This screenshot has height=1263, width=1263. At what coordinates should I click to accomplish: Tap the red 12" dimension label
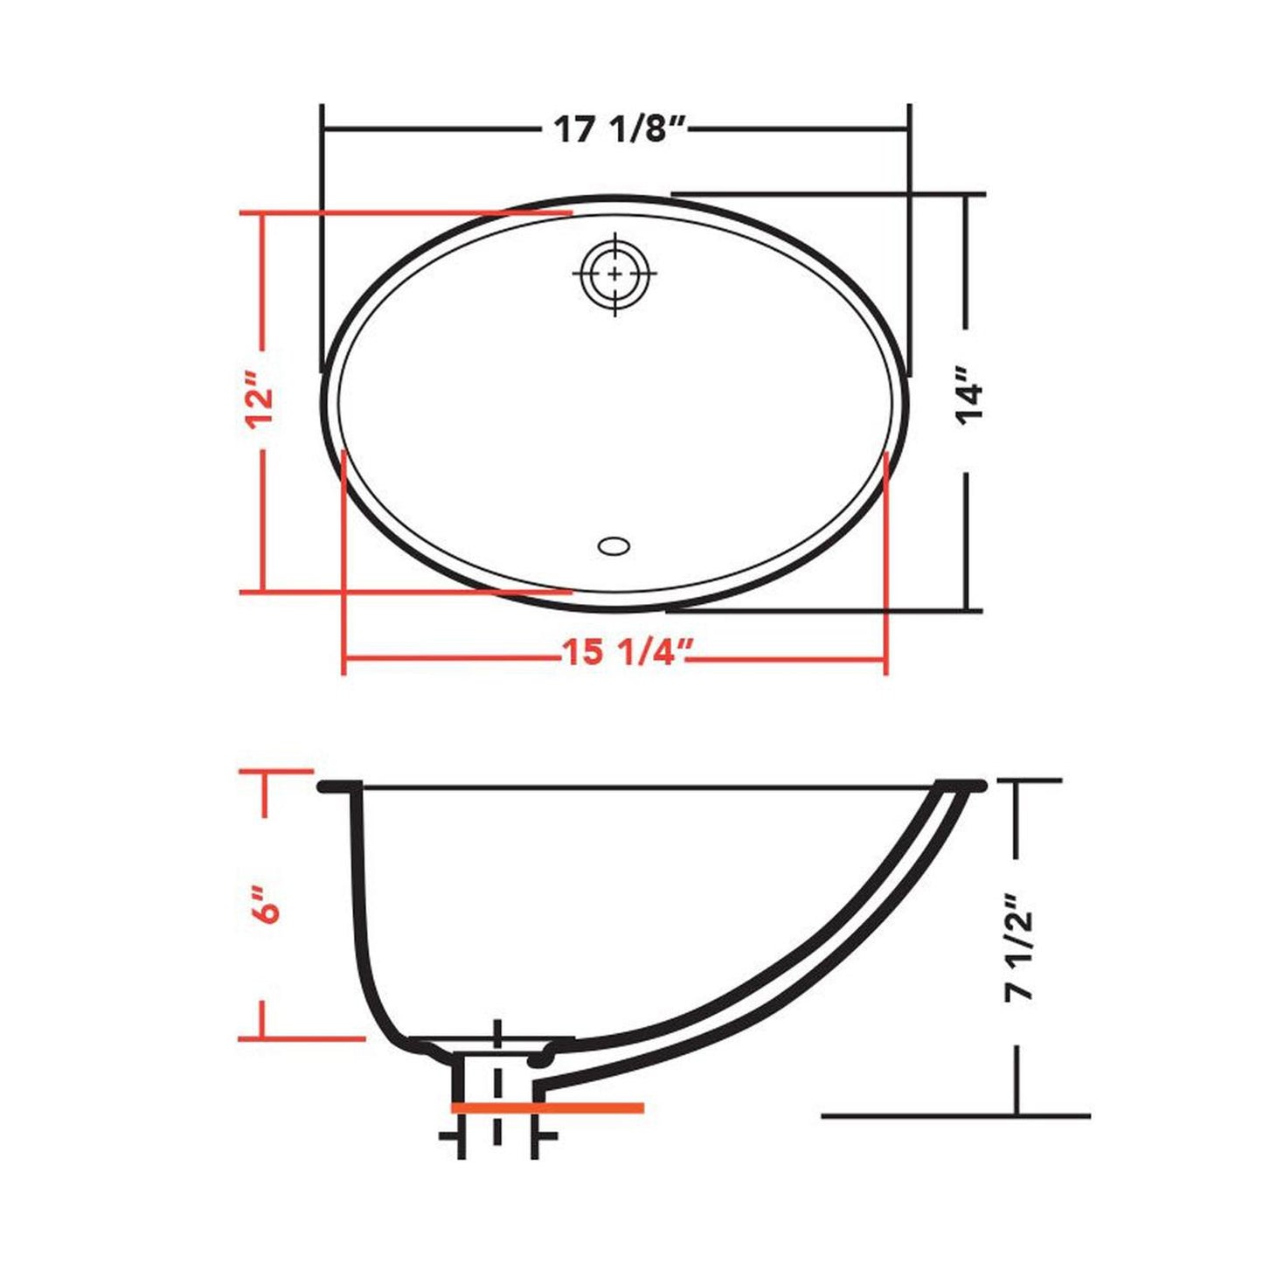261,399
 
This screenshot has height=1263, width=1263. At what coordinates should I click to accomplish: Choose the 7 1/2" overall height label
1018,947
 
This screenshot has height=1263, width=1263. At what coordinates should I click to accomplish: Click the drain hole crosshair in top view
615,274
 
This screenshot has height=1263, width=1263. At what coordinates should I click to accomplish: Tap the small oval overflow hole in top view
614,546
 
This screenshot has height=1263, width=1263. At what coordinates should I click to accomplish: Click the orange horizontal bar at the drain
547,1107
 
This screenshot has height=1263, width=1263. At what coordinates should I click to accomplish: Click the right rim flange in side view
961,785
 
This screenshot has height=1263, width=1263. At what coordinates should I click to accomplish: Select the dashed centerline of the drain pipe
497,1084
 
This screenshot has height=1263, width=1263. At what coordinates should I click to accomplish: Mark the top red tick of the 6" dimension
275,772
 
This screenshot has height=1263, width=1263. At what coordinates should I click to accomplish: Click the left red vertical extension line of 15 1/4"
344,559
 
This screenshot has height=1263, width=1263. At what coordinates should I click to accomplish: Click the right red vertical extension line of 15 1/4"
886,559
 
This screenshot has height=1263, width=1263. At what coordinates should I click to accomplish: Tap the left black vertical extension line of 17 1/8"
323,236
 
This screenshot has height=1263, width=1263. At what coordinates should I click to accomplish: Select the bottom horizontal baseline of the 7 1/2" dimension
955,1115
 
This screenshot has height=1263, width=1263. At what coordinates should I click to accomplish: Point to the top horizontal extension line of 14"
827,193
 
